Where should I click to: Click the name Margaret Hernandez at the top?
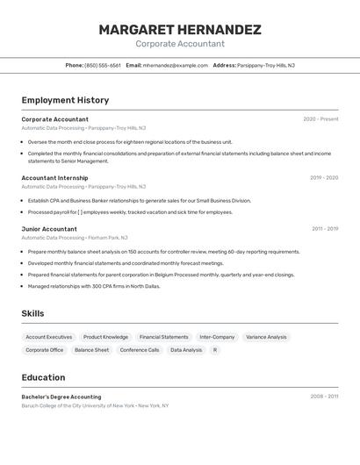[x=180, y=30]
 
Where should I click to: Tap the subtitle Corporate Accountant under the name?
[x=180, y=44]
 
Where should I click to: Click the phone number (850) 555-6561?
[x=103, y=66]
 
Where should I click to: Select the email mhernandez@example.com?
[x=176, y=66]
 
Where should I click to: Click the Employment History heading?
[x=66, y=100]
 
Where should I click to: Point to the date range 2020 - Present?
[x=320, y=119]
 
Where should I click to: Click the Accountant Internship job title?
[x=54, y=178]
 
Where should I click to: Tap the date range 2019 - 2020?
[x=324, y=178]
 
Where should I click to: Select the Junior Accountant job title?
[x=49, y=229]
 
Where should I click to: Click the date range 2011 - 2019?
[x=324, y=229]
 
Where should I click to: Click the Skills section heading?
[x=32, y=313]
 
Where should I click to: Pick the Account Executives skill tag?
[x=49, y=337]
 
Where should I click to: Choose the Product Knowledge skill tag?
[x=105, y=337]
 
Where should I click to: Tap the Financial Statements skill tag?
[x=163, y=337]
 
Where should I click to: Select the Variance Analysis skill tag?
[x=266, y=337]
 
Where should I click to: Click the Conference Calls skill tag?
[x=140, y=350]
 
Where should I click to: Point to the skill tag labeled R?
[x=214, y=350]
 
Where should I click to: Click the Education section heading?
[x=43, y=377]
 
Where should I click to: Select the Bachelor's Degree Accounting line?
[x=61, y=397]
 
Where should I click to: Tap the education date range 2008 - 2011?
[x=324, y=397]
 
